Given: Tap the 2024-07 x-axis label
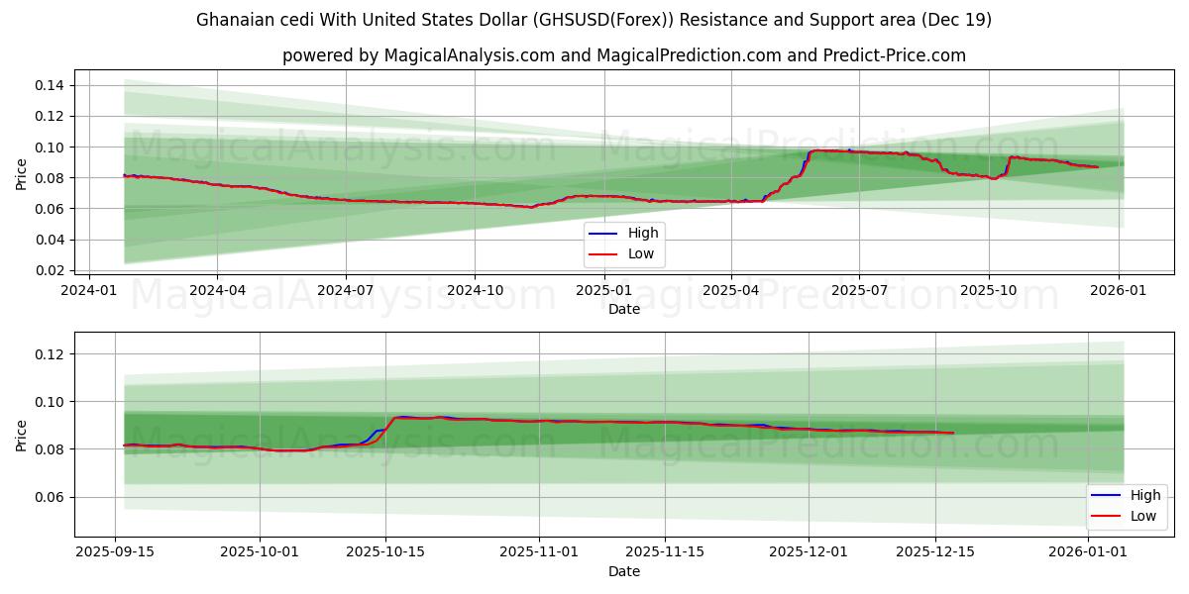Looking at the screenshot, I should pyautogui.click(x=345, y=291).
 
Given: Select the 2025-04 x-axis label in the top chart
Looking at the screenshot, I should pyautogui.click(x=731, y=291).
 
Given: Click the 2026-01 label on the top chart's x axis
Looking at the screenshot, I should pyautogui.click(x=1119, y=291).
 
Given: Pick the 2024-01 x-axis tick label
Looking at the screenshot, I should pyautogui.click(x=90, y=291).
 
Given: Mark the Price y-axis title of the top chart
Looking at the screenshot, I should pyautogui.click(x=22, y=174).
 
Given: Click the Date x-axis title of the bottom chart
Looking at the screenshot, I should pyautogui.click(x=624, y=571).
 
